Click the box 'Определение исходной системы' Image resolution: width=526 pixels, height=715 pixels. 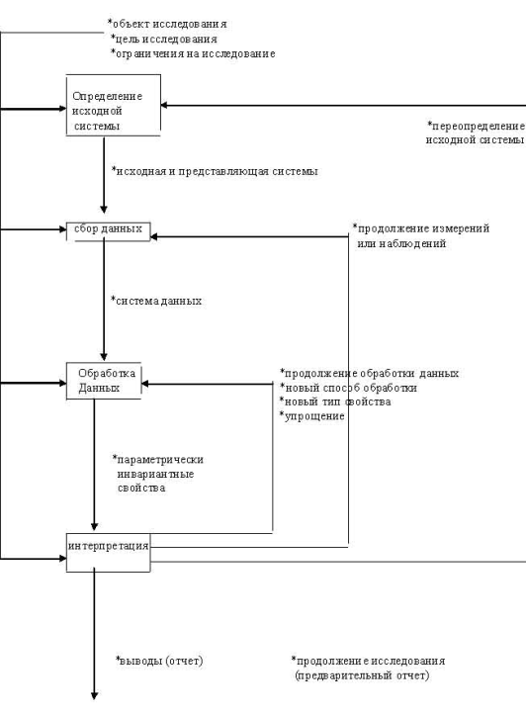[114, 105]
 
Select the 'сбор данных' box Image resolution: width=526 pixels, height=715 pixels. [108, 231]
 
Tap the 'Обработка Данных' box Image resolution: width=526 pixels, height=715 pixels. [104, 381]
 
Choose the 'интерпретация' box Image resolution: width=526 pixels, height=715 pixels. [108, 552]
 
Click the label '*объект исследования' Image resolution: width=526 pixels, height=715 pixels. [167, 24]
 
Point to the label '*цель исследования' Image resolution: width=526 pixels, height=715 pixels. [164, 39]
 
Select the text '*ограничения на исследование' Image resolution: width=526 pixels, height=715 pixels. [193, 53]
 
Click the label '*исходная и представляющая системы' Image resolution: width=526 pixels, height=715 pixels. [215, 171]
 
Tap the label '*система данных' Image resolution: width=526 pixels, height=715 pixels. [156, 301]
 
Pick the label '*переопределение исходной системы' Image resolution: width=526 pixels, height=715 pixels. [476, 133]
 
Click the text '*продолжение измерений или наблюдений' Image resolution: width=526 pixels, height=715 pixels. [421, 235]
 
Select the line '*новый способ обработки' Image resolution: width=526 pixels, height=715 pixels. [348, 388]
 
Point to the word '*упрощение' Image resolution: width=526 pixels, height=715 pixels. [312, 416]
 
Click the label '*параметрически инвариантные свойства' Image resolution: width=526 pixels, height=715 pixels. [158, 474]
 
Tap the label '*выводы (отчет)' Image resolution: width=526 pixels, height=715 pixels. [159, 661]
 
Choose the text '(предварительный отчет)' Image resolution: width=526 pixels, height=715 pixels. [362, 675]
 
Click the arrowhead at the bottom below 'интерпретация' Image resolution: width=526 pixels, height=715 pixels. [94, 696]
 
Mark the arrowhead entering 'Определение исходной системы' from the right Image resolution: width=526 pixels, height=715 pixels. [164, 106]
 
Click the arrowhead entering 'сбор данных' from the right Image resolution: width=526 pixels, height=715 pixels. [154, 236]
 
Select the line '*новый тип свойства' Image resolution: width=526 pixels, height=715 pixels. [335, 402]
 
